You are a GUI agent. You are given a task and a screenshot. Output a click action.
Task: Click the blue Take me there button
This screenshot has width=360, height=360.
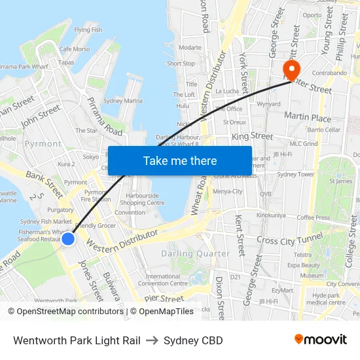pos(180,160)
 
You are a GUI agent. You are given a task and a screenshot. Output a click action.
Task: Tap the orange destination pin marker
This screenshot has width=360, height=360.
pos(289,69)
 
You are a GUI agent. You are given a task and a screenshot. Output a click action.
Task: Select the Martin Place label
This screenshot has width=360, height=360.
pos(308,117)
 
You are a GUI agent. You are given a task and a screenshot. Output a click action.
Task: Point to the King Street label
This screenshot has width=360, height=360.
pos(252,136)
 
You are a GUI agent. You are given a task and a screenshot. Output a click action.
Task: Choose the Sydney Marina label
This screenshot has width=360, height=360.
pos(123,101)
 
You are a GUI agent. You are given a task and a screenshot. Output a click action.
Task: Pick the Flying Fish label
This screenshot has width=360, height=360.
pos(88,30)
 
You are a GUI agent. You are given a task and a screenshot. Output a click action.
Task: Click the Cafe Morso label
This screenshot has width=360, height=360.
pos(75,49)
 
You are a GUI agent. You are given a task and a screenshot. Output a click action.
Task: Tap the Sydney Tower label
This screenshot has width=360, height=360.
pos(296,175)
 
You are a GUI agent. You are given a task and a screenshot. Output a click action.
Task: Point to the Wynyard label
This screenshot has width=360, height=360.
pos(269,104)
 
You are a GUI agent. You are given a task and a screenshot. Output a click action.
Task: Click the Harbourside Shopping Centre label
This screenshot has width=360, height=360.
pos(147,199)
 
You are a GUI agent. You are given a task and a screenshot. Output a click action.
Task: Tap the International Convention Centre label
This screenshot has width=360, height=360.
pos(167,279)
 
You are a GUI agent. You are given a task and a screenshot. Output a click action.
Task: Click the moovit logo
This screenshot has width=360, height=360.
pos(320,339)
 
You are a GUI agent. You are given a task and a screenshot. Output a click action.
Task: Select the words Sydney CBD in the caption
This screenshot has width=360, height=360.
pos(193,340)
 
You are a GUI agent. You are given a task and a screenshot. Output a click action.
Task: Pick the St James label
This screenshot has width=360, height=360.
pos(341,181)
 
